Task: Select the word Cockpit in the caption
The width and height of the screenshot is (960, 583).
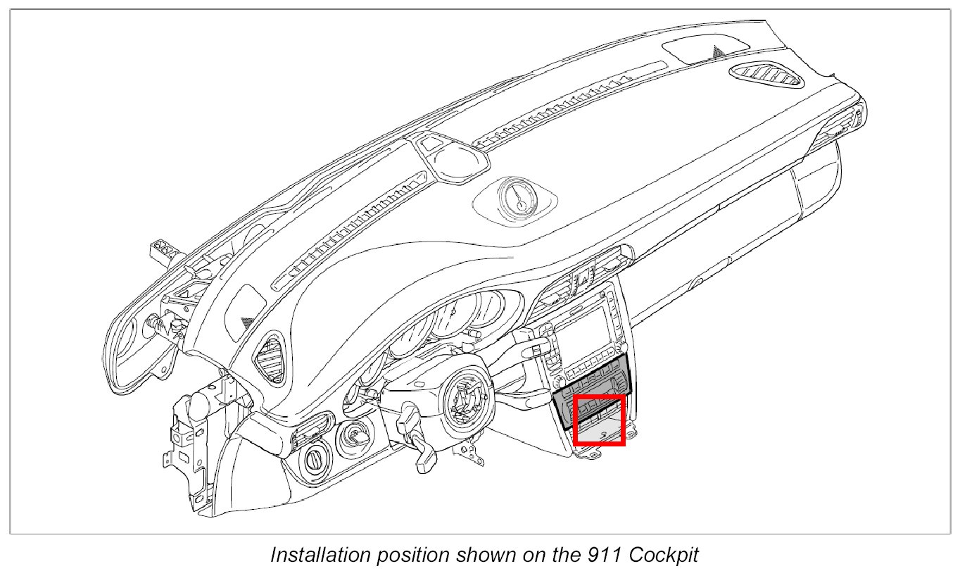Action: click(664, 555)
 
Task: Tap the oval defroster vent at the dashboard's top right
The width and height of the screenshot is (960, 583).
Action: click(767, 74)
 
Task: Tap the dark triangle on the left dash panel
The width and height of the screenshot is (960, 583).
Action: click(246, 320)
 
